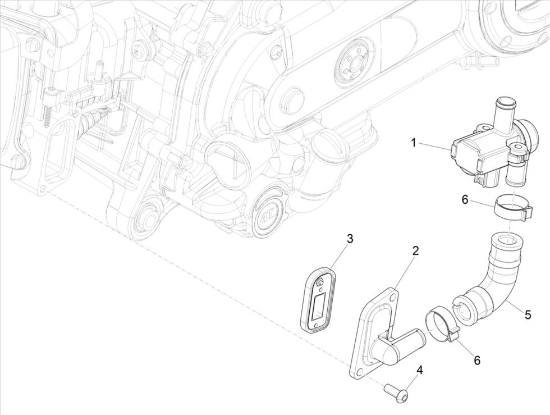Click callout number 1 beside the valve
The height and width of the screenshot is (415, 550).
pos(414,143)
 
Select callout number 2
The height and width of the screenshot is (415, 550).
pos(415,251)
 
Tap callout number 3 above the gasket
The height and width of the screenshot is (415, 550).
pos(350,239)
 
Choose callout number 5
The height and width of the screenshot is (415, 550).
pos(528,314)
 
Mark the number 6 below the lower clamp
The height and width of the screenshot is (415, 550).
pos(476,360)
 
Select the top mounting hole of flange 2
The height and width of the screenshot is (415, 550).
pos(393,294)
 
